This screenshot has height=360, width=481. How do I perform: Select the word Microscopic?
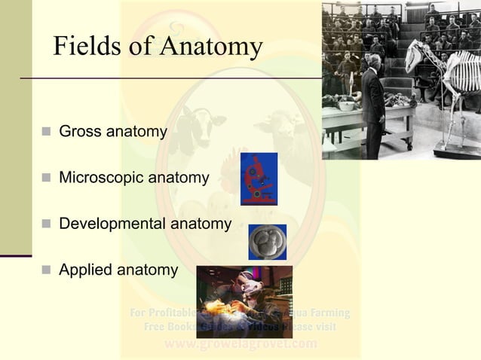click(100, 178)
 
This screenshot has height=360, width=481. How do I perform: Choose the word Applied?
click(84, 269)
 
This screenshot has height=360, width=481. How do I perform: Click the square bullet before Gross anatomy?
click(45, 133)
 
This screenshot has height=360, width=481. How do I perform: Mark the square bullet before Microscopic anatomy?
click(45, 179)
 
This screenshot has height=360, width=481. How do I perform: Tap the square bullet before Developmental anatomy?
click(45, 224)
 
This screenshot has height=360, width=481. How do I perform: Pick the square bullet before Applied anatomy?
click(45, 270)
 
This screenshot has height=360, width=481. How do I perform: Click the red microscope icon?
click(259, 179)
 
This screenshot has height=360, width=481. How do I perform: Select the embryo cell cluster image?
click(267, 242)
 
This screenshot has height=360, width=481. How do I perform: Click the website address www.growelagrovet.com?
click(240, 344)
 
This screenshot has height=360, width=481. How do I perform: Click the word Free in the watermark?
click(158, 328)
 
